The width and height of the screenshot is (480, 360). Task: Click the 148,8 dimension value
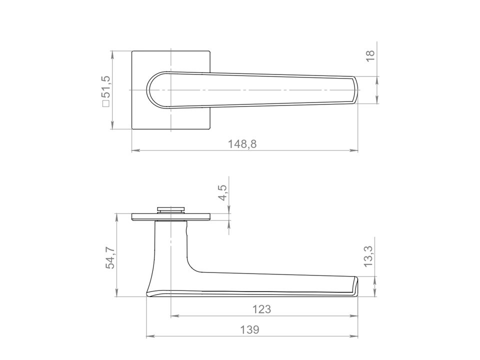(x=242, y=143)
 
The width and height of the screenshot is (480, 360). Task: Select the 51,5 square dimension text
(x=106, y=86)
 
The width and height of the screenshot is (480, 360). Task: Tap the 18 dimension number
(x=370, y=55)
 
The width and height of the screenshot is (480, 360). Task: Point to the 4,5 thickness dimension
(x=222, y=192)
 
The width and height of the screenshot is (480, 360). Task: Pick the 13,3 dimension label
(x=368, y=256)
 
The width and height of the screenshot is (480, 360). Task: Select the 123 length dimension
(x=261, y=309)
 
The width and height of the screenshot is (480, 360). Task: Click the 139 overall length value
(x=249, y=329)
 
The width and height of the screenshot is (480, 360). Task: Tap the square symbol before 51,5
(x=106, y=103)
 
